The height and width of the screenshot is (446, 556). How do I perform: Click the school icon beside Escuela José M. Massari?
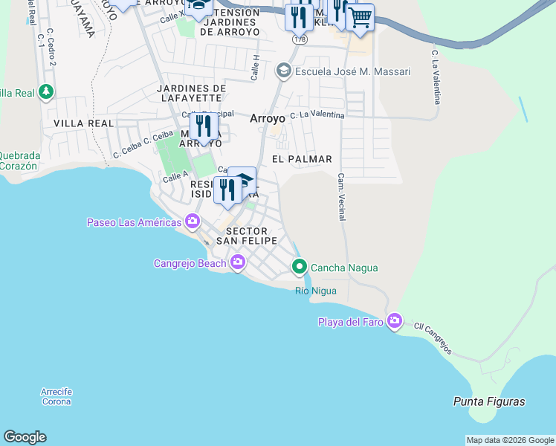coord(283,71)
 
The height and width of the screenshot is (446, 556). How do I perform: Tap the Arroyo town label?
coord(268,117)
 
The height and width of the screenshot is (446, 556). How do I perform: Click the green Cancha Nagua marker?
coord(300,267)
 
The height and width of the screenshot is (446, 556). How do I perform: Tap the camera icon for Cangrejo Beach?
coord(238,262)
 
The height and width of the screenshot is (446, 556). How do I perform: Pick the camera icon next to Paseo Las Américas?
coord(193,222)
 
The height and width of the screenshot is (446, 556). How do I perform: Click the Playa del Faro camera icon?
coord(395,321)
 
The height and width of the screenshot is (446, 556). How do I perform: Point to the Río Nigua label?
coord(315,291)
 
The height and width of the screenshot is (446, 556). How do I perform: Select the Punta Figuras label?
coord(489,401)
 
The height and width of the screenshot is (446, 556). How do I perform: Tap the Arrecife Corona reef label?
coord(56,397)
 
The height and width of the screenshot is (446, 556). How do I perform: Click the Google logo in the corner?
coord(25,437)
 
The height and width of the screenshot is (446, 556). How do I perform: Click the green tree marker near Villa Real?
coord(47,92)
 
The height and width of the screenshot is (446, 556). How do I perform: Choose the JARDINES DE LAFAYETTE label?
coord(191,93)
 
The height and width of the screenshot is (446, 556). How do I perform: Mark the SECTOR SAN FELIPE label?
coord(247,236)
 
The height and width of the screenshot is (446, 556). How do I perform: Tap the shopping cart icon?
coord(361,18)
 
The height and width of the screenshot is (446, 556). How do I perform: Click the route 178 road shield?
coord(300,39)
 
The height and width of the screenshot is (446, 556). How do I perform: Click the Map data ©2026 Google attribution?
coord(510,440)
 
